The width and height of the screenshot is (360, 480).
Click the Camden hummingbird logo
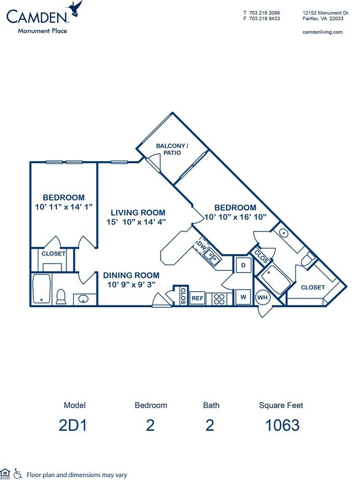[x=74, y=8]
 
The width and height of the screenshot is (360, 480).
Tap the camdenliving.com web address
[x=323, y=32]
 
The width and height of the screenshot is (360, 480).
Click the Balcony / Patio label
[x=172, y=149]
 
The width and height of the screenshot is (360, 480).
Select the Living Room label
[x=138, y=212]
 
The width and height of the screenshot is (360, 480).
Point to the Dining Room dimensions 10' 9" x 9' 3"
[x=130, y=285]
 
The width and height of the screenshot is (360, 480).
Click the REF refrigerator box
[x=198, y=298]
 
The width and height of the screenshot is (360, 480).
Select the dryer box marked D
[x=243, y=266]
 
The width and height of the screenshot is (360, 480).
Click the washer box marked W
[x=243, y=297]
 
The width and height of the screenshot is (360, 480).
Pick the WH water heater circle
[x=262, y=297]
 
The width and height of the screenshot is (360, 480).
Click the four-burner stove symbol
[x=219, y=298]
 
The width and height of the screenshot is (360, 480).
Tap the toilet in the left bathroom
[x=61, y=297]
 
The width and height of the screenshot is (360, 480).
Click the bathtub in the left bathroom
[x=42, y=288]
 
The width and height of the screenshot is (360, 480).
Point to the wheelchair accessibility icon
[x=18, y=473]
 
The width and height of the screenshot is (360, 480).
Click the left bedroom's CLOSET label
[x=53, y=254]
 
